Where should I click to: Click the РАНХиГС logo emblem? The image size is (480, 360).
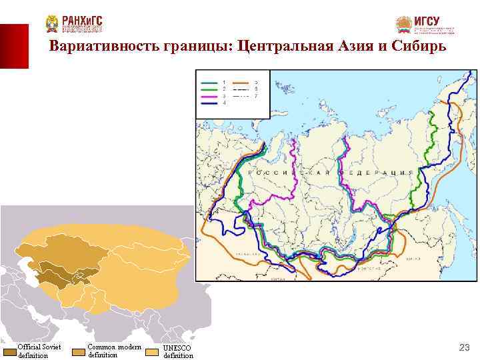(x=52, y=24)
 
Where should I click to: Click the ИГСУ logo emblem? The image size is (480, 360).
(x=404, y=25)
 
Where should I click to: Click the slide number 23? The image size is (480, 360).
(x=465, y=347)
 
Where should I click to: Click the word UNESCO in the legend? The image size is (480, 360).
(x=177, y=348)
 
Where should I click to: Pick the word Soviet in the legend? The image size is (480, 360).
(x=50, y=347)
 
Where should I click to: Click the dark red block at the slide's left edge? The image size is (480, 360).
(x=14, y=46)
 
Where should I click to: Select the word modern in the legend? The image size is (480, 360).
(x=129, y=347)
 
